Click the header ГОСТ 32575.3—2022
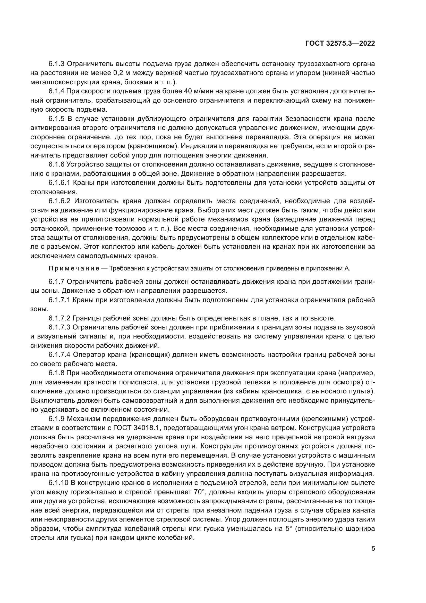pos(340,44)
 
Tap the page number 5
pos(373,549)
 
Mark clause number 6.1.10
pos(58,483)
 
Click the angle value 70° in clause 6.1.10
pos(199,492)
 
